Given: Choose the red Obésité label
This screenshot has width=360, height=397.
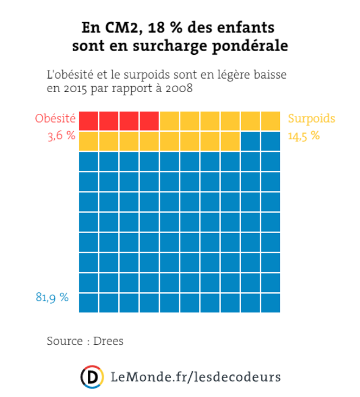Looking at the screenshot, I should click(55, 119).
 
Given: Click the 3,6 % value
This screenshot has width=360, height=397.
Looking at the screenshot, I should click(61, 136).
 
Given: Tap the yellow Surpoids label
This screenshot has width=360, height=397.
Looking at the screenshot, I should click(311, 119).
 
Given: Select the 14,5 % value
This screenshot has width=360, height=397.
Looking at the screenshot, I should click(304, 136).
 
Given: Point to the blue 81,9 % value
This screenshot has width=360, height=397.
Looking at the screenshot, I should click(53, 297).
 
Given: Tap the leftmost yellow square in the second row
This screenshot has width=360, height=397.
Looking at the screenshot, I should click(89, 141).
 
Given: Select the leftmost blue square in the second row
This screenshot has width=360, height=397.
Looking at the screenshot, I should click(250, 141).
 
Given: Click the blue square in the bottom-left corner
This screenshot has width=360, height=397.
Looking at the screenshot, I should click(89, 303).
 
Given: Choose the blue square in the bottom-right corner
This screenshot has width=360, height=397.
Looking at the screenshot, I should click(271, 303).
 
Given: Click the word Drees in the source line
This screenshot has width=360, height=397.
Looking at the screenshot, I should click(108, 341).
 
